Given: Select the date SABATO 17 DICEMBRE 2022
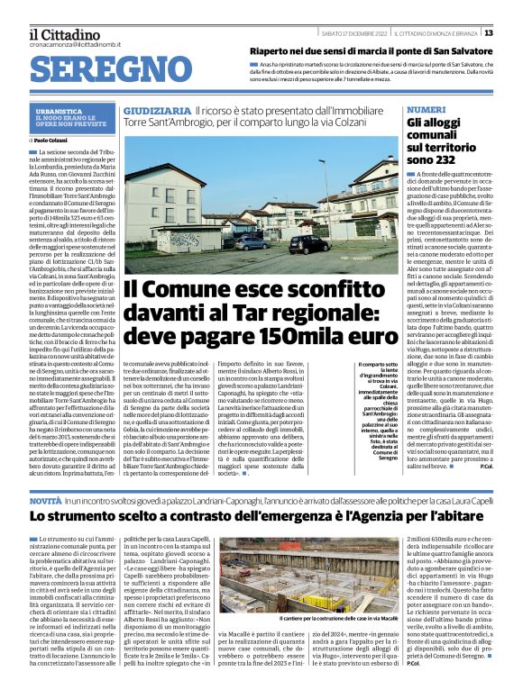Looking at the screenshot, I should click(x=353, y=33).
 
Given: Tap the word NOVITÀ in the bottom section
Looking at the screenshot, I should click(x=46, y=498).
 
